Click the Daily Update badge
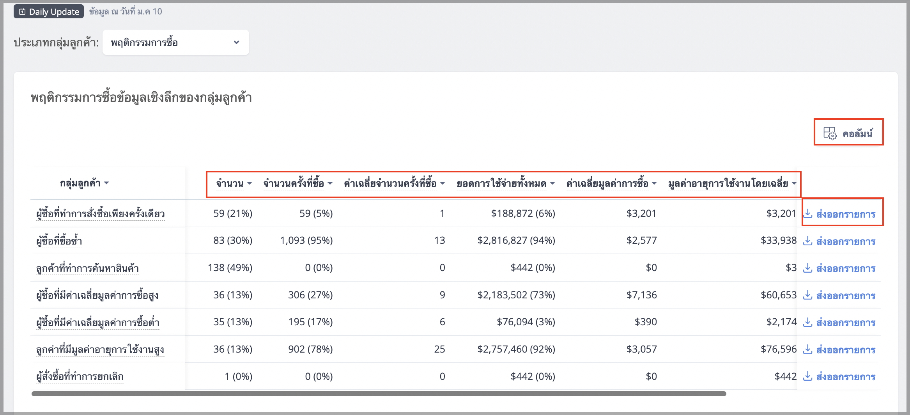[49, 12]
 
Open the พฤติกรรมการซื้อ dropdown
[175, 43]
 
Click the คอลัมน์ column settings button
[848, 133]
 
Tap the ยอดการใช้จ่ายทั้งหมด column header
[506, 183]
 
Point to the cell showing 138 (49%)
[230, 268]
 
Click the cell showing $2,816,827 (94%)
[516, 241]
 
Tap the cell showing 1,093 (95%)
[306, 241]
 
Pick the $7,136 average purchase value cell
[642, 295]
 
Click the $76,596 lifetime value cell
[779, 349]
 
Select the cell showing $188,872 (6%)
[523, 214]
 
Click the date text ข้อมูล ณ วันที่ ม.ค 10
[126, 12]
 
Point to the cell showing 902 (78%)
[310, 349]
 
